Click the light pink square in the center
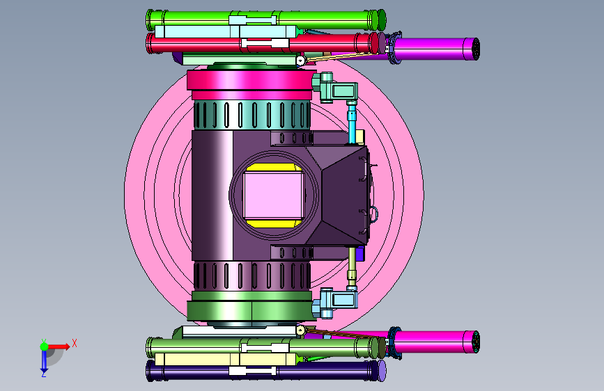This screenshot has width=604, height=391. click(274, 195)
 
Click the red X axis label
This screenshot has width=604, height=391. click(75, 343)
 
